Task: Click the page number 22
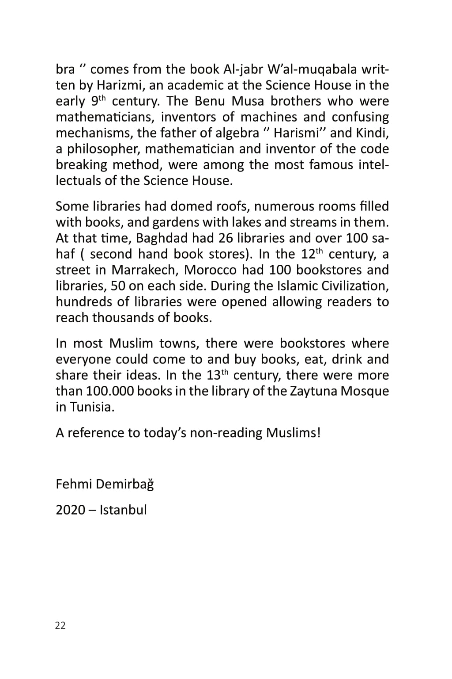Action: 60,625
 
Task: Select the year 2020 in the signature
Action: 70,510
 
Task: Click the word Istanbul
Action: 123,510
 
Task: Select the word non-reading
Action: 225,433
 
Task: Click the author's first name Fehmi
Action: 73,484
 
